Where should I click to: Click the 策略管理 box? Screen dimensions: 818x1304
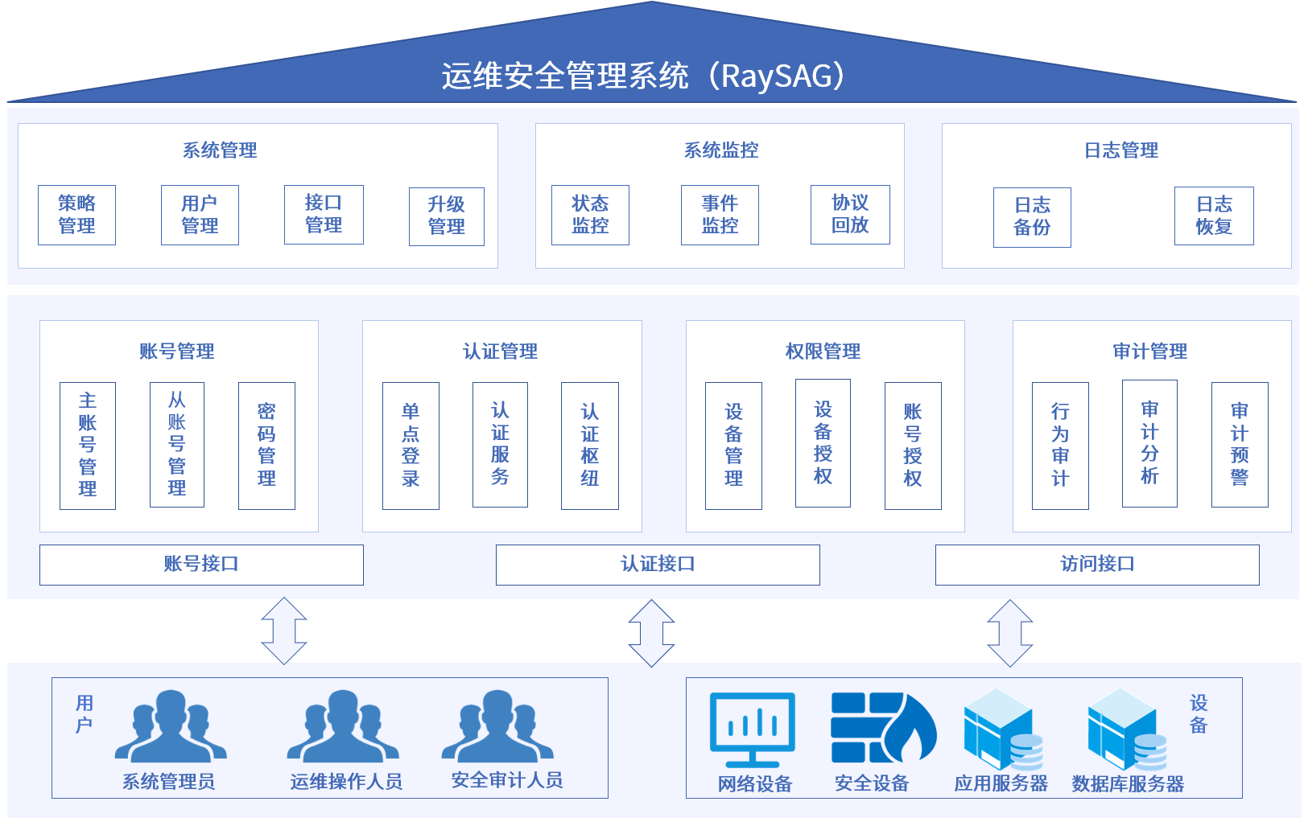(x=76, y=215)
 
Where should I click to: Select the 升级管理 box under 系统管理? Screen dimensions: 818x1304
(x=446, y=216)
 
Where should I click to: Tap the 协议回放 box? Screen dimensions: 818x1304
(x=850, y=214)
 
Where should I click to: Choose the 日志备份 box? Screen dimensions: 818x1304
(x=1032, y=217)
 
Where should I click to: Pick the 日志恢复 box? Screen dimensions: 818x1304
(x=1214, y=216)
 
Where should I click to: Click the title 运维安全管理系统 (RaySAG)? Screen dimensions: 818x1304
(x=643, y=76)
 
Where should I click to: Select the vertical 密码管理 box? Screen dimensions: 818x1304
(x=266, y=446)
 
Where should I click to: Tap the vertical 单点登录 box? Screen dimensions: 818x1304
(x=411, y=446)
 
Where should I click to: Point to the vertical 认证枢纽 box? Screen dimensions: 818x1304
(x=589, y=446)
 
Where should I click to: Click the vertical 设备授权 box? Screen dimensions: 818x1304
(x=823, y=443)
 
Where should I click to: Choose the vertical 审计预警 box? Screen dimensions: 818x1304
(x=1240, y=444)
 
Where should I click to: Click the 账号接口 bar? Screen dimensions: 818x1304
(x=201, y=565)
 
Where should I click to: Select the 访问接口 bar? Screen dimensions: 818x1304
(x=1097, y=565)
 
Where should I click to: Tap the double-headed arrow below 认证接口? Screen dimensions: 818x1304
(x=651, y=633)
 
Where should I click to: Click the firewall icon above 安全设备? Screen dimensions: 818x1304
(x=883, y=728)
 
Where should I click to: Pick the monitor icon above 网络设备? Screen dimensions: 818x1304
(x=753, y=729)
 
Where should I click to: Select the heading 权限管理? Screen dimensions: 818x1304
(x=823, y=351)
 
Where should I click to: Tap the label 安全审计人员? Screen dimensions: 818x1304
(x=506, y=780)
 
